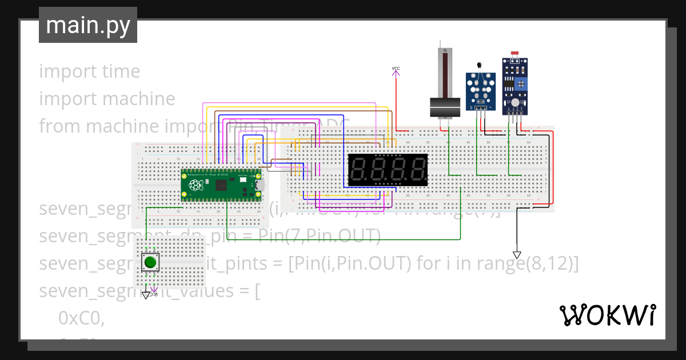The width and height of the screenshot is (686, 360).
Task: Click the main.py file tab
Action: pyautogui.click(x=87, y=26)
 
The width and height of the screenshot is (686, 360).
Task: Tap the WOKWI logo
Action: pyautogui.click(x=607, y=315)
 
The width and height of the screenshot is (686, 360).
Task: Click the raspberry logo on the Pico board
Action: pyautogui.click(x=196, y=185)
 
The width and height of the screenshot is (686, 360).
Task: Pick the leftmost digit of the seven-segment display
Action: pyautogui.click(x=358, y=170)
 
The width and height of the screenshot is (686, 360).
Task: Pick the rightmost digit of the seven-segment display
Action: pyautogui.click(x=417, y=170)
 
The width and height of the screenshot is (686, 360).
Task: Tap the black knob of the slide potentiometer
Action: pyautogui.click(x=445, y=107)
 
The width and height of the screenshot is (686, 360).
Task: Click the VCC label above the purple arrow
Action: pyautogui.click(x=396, y=69)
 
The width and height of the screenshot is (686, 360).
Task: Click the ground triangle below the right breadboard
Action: pyautogui.click(x=517, y=255)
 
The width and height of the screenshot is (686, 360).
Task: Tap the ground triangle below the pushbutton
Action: pyautogui.click(x=146, y=295)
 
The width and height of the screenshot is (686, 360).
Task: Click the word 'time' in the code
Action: pyautogui.click(x=121, y=71)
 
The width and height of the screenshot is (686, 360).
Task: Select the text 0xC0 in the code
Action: pyautogui.click(x=81, y=319)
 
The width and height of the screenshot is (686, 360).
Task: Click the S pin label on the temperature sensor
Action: pyautogui.click(x=471, y=107)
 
